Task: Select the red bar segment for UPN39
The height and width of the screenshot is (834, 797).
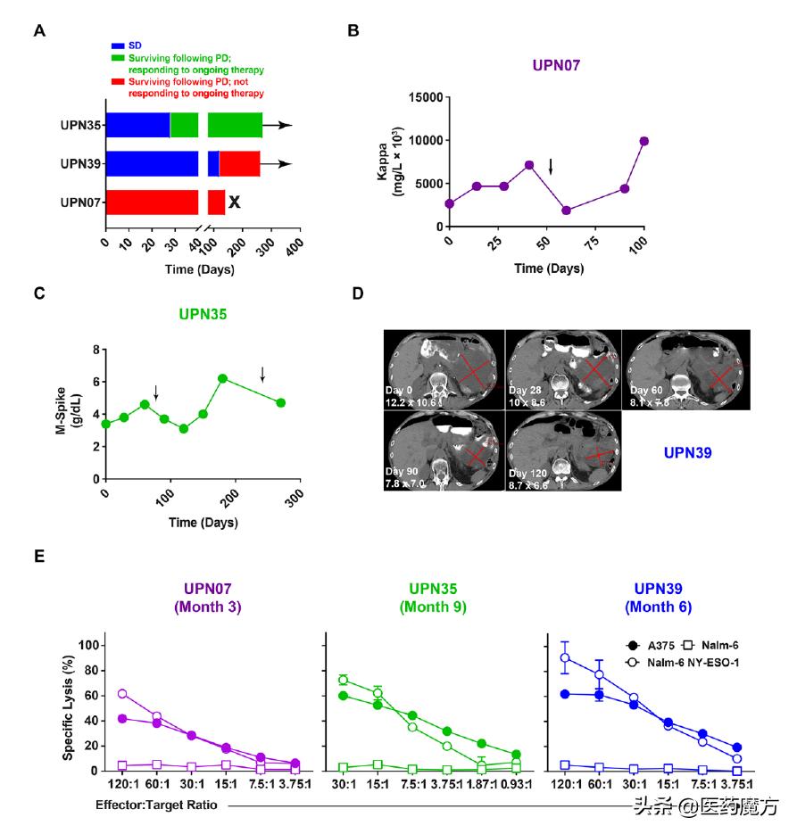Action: click(x=239, y=163)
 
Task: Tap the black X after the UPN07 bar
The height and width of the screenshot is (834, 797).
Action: click(x=234, y=202)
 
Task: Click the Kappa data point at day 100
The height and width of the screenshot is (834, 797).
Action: click(x=643, y=141)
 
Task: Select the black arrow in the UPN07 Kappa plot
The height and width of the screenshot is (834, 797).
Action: click(x=551, y=166)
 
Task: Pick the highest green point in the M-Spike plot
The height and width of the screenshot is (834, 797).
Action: click(x=222, y=378)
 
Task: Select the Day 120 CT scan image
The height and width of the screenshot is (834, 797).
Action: click(x=562, y=450)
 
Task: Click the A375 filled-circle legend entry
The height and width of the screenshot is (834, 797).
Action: click(x=648, y=645)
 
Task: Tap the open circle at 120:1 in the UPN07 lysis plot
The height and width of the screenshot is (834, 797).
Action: click(x=122, y=693)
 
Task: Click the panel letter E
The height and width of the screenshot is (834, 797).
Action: click(x=39, y=556)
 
